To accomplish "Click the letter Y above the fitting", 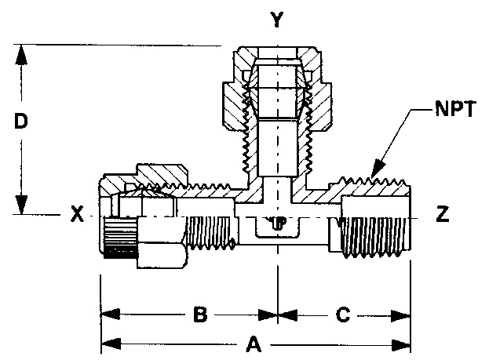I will (276, 20).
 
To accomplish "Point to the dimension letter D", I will (23, 122).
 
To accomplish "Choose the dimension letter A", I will (253, 344).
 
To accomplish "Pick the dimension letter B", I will (200, 315).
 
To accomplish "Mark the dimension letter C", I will (342, 315).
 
